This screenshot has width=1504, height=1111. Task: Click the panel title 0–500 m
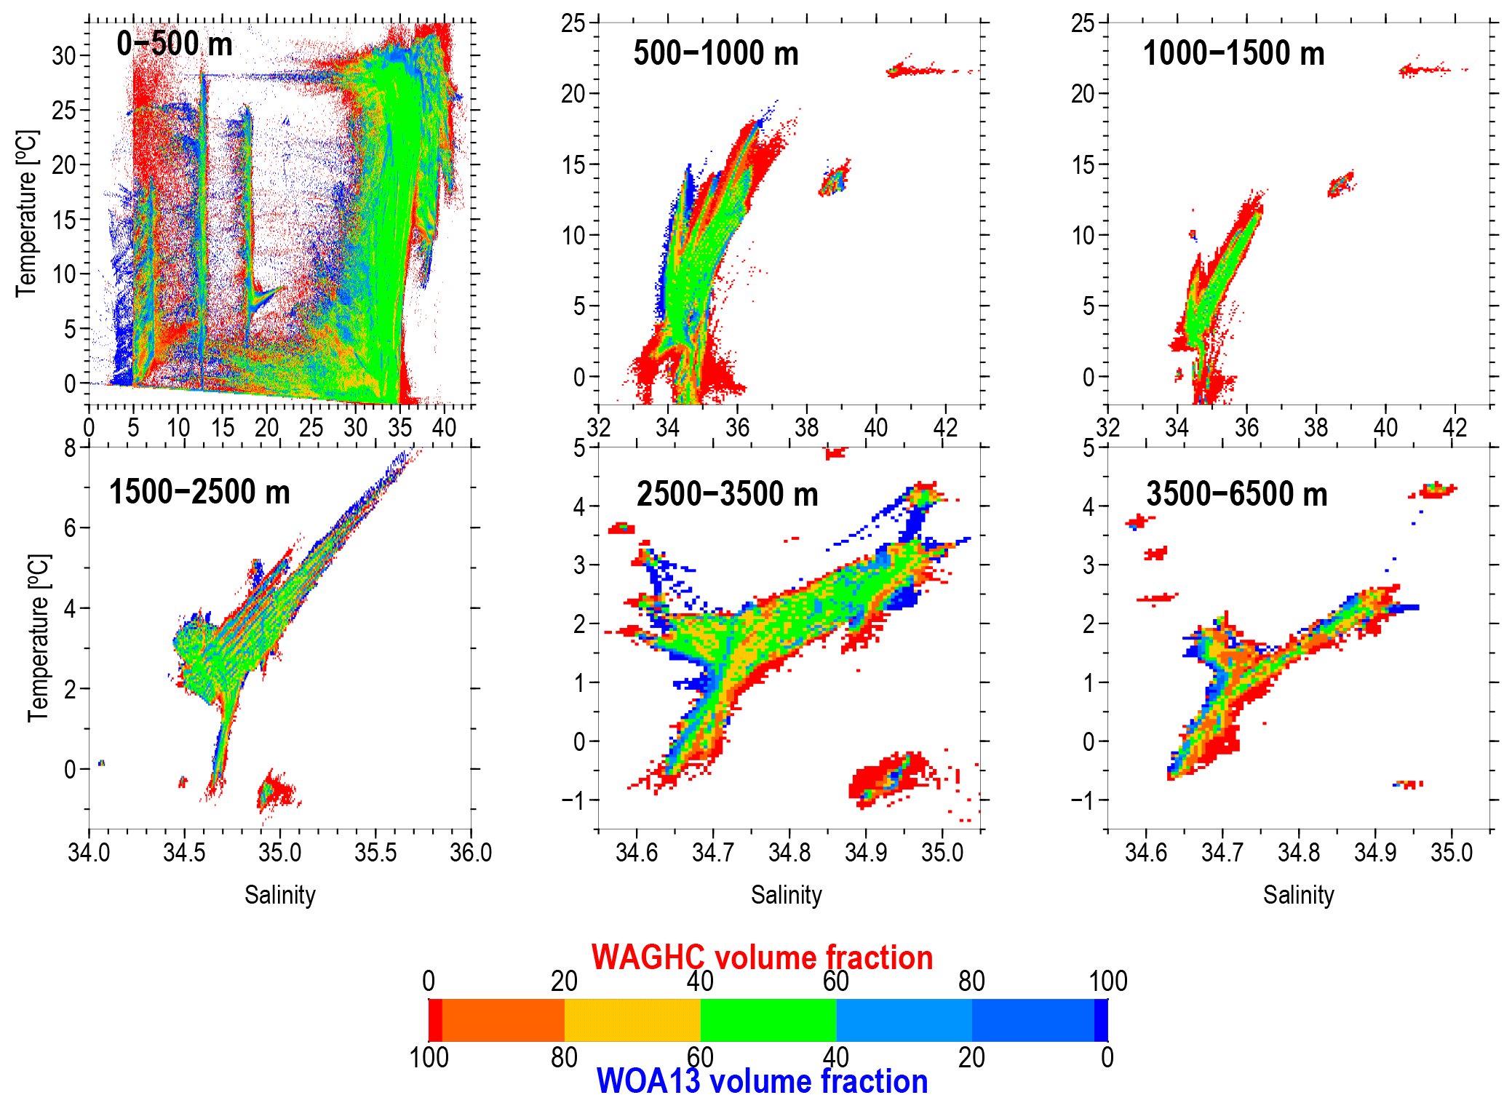click(175, 44)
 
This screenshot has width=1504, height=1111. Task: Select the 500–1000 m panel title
click(716, 54)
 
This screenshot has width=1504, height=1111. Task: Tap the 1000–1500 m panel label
click(1233, 54)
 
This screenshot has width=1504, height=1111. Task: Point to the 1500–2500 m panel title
click(199, 493)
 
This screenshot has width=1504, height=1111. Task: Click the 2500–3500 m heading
click(727, 494)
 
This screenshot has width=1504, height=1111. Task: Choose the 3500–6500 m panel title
click(1237, 494)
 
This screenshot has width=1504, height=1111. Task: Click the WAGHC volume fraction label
click(762, 957)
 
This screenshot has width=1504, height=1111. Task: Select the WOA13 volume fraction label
click(762, 1082)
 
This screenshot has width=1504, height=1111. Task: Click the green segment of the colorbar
click(768, 1020)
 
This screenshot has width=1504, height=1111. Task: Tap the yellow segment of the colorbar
click(632, 1020)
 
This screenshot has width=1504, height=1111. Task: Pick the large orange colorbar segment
click(503, 1020)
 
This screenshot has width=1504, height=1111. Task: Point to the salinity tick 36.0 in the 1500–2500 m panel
click(471, 852)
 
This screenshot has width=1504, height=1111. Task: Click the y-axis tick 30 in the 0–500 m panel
click(64, 55)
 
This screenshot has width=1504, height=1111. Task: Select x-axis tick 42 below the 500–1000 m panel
click(944, 427)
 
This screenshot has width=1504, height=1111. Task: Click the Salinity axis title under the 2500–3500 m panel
click(786, 895)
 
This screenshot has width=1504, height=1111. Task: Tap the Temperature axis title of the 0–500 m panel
click(26, 213)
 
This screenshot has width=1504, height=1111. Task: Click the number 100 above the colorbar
click(1107, 981)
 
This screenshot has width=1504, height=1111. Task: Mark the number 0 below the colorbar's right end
click(1107, 1057)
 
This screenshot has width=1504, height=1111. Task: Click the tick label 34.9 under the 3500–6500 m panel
click(1374, 852)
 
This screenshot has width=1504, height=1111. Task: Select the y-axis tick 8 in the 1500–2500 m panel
click(70, 447)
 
